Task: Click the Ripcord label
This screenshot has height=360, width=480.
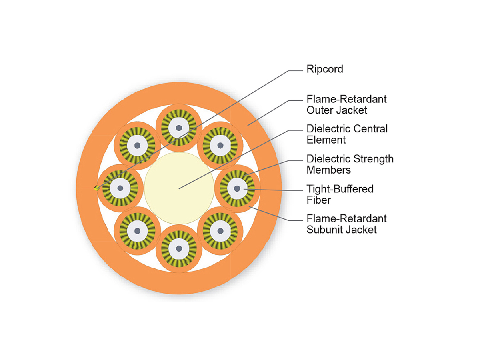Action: point(325,69)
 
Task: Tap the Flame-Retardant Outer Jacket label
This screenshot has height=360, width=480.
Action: point(346,104)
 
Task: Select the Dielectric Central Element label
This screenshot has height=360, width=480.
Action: point(347,134)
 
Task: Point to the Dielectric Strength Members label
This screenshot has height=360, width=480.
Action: point(350,164)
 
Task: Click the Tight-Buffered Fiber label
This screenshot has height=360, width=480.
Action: point(340,194)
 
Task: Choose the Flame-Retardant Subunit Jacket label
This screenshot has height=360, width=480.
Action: point(346,224)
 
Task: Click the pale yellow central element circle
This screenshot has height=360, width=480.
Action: point(179,188)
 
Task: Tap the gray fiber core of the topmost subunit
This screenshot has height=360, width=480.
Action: point(179,128)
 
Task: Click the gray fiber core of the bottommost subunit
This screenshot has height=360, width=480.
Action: point(179,248)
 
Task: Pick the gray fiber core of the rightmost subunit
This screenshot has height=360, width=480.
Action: point(237,188)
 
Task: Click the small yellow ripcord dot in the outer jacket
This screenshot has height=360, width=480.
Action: point(96,188)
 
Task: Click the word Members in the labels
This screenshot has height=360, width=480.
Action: point(328,170)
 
